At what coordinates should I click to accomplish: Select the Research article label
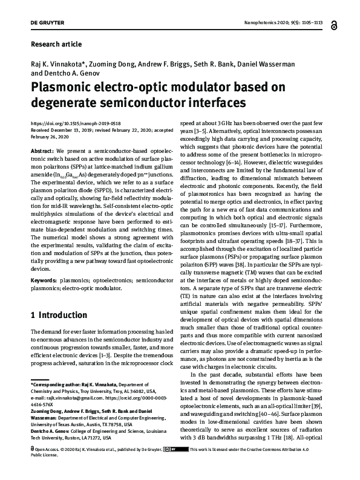pos(56,44)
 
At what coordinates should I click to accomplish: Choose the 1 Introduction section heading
pos(59,315)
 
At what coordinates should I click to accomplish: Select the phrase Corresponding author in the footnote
pos(57,384)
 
